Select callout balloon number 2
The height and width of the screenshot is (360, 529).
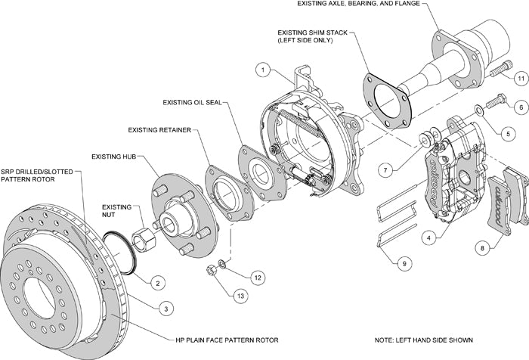coord(157,283)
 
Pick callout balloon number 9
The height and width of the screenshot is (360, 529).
coord(405,263)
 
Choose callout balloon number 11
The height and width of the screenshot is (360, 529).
coord(521,78)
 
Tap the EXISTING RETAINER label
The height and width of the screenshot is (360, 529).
coord(159,129)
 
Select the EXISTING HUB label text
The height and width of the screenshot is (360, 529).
coord(113,157)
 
